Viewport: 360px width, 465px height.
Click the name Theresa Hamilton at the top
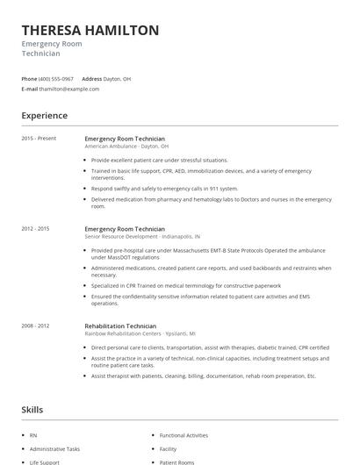pos(90,31)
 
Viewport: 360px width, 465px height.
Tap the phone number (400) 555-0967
pos(56,78)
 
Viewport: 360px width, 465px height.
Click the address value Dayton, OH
pos(118,78)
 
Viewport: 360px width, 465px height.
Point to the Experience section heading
pos(45,116)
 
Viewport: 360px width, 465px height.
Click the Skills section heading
pos(32,410)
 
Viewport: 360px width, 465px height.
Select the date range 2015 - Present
pos(39,139)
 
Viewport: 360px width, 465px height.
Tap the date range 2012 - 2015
pos(36,229)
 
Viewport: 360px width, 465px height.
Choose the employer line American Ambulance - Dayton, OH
pos(126,147)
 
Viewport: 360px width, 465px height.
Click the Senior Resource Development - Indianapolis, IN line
pos(142,237)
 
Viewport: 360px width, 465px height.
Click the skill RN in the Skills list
pos(33,435)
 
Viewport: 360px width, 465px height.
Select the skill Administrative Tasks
pos(54,448)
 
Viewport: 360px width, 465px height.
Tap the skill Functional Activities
pos(184,435)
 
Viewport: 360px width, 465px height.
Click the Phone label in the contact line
pos(29,78)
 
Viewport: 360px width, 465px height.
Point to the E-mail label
pos(30,89)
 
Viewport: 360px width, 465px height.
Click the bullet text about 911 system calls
pos(164,189)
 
